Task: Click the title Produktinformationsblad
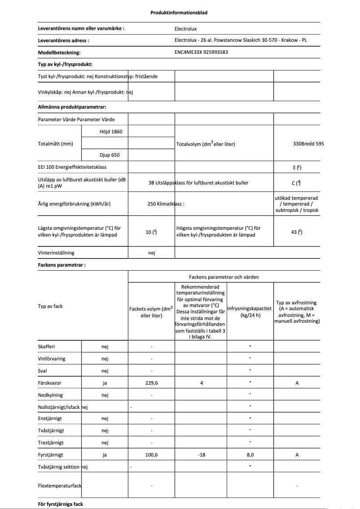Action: [x=179, y=13]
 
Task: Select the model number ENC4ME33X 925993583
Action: [x=201, y=52]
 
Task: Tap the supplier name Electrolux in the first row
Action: [x=185, y=29]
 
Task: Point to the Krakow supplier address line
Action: [x=241, y=40]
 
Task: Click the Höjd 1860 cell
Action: [x=111, y=132]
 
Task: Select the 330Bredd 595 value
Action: [x=308, y=144]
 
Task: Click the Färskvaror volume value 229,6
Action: [x=152, y=383]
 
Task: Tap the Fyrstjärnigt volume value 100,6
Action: [x=152, y=455]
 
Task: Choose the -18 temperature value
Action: [x=202, y=455]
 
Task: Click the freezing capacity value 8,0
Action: [x=250, y=455]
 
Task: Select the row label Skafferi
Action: [x=47, y=347]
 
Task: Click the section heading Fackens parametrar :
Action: [x=61, y=265]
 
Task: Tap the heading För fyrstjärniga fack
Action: [x=61, y=504]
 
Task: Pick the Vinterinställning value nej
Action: [x=152, y=253]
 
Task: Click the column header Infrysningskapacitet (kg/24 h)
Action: [x=250, y=312]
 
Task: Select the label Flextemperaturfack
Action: [x=60, y=486]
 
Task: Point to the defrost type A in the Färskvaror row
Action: [x=297, y=383]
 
